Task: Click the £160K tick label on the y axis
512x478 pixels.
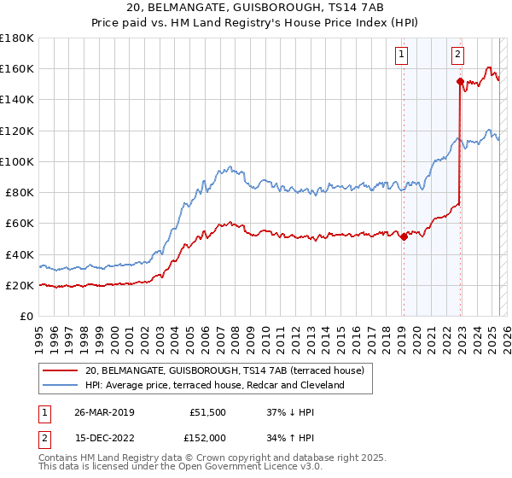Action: (17, 68)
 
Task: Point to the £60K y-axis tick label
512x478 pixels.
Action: (20, 223)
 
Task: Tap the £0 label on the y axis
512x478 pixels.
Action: (27, 316)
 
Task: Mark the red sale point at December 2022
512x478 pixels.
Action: (460, 82)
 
